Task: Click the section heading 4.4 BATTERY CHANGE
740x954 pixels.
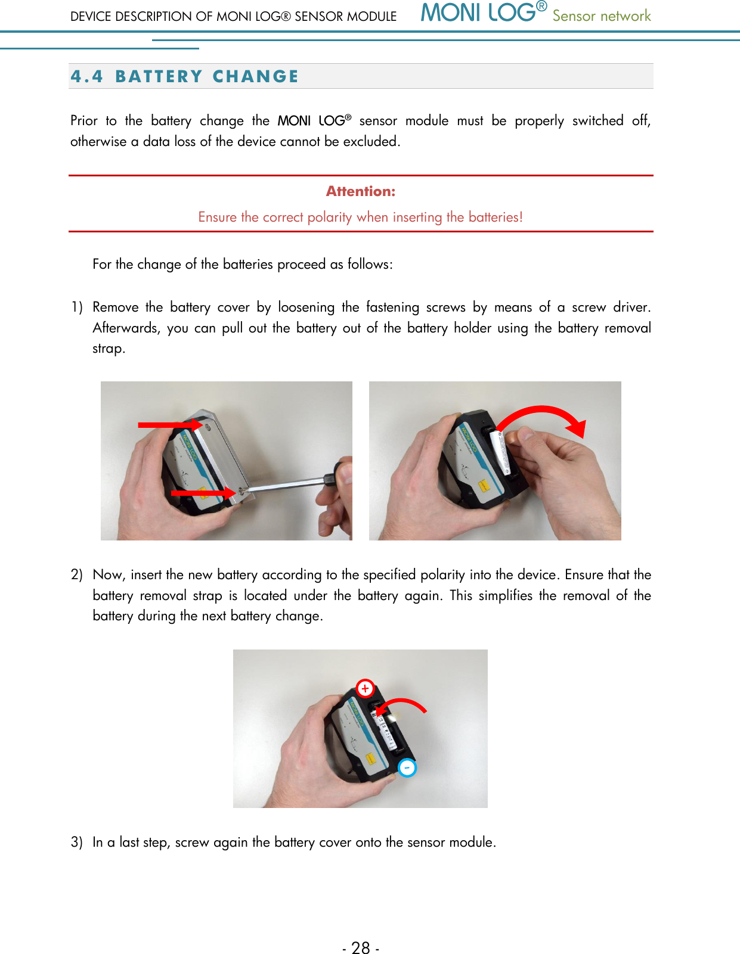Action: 185,76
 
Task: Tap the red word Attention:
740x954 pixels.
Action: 360,191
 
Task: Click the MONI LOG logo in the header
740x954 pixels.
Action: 483,13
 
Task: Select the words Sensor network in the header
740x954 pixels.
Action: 601,16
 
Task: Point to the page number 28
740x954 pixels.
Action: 361,947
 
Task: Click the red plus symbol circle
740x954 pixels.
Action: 365,688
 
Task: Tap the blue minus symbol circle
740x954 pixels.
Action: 407,768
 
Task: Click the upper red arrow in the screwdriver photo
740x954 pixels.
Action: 170,424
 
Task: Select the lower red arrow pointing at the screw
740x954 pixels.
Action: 203,493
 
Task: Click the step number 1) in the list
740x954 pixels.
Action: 76,307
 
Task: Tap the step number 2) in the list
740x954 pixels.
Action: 76,575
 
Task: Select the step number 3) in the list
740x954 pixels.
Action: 76,843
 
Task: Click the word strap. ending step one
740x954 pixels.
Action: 109,349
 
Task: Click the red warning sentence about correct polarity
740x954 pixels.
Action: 360,217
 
